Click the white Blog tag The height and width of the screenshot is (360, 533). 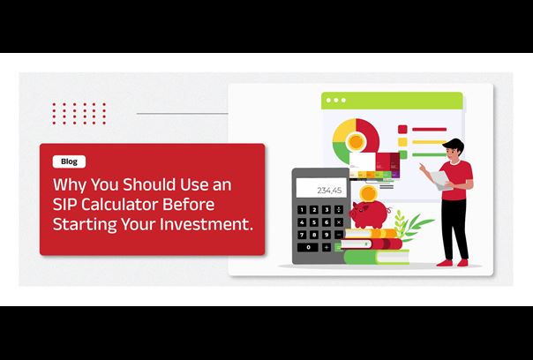(69, 161)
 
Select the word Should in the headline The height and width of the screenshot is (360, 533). (148, 184)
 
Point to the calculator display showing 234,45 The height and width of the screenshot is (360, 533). (321, 188)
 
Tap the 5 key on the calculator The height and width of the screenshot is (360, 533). (314, 222)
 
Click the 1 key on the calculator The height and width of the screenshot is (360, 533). (302, 210)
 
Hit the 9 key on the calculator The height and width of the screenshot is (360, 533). (327, 235)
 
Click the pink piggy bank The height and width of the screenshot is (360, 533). (370, 214)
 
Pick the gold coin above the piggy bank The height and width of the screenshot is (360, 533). (369, 194)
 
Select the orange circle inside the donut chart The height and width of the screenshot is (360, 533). (356, 141)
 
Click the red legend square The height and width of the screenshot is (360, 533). (402, 129)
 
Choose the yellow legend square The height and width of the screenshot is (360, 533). (402, 142)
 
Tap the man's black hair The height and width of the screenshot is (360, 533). (454, 144)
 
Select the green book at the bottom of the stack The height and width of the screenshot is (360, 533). (377, 257)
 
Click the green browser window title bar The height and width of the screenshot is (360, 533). (392, 101)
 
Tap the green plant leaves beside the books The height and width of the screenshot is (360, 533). (412, 224)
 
